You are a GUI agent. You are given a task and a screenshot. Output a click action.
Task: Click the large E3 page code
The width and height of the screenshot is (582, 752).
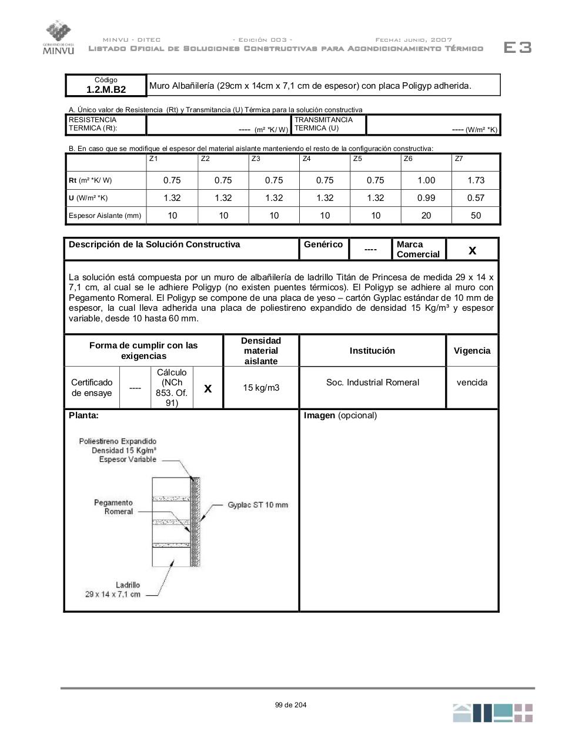[x=517, y=48]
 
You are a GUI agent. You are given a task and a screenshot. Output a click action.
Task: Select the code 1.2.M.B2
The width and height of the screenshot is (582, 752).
[x=106, y=89]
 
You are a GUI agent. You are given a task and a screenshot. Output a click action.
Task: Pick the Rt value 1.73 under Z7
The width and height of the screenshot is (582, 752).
[x=476, y=180]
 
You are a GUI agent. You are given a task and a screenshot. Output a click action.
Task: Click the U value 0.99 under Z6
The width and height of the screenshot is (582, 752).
[x=426, y=198]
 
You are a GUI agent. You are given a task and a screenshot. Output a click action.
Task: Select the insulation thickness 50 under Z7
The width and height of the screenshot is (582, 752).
[x=476, y=216]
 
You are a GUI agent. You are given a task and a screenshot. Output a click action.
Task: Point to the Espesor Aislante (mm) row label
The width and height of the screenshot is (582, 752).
[x=105, y=216]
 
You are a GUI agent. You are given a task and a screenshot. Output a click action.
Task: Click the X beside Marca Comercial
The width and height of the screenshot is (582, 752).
[x=472, y=251]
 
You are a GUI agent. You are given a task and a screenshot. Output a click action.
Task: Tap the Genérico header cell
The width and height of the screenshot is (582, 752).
[x=323, y=244]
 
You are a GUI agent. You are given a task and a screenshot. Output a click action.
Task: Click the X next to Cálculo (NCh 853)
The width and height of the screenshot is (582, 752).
[x=208, y=388]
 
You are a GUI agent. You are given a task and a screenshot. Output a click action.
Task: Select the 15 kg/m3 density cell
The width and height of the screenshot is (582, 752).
[x=261, y=388]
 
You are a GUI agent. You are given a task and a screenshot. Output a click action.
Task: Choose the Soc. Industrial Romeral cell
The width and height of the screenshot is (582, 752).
[x=373, y=382]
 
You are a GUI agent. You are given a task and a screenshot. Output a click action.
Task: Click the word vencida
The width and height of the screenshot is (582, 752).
[x=472, y=382]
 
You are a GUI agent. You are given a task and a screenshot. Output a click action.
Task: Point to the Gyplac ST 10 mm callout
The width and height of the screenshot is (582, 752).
[x=258, y=505]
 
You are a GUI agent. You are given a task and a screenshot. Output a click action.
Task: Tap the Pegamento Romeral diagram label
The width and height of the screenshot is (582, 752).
[x=113, y=507]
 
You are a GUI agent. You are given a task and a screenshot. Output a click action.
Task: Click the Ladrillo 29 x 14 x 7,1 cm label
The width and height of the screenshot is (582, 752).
[x=113, y=589]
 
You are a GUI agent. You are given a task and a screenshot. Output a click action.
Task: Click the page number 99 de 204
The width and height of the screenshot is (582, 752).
[x=290, y=705]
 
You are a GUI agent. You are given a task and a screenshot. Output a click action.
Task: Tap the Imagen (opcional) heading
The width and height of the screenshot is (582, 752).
[x=340, y=415]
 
